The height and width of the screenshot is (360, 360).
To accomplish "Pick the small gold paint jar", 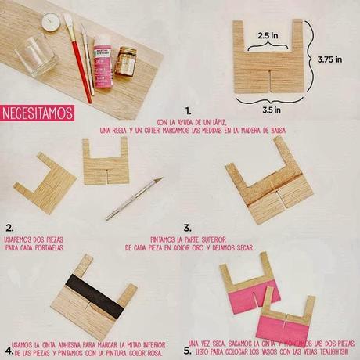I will (125, 61).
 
